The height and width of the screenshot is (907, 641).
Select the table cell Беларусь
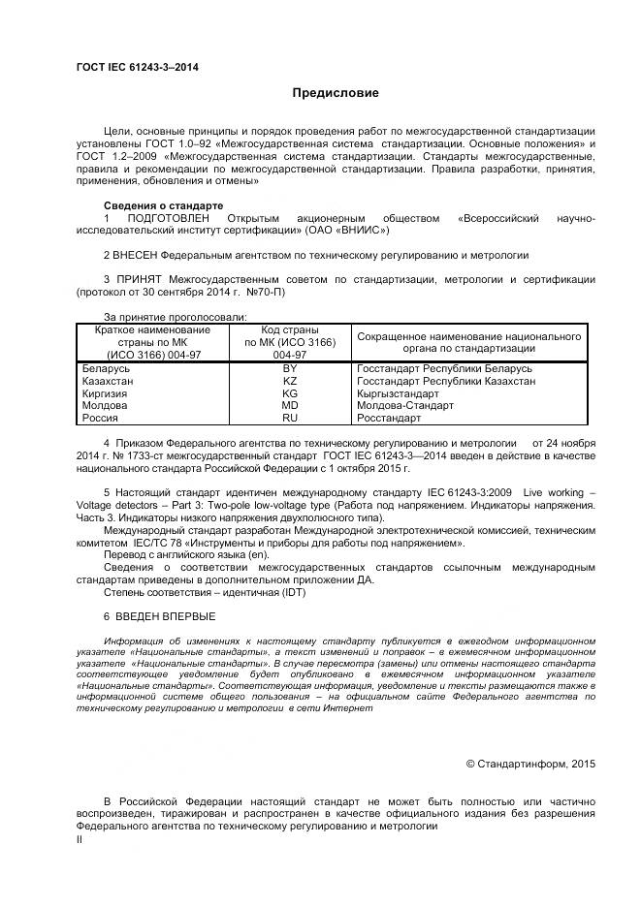(107, 370)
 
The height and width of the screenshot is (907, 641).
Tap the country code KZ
(290, 382)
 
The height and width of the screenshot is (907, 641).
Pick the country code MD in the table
(290, 406)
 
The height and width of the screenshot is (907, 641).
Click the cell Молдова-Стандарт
(405, 406)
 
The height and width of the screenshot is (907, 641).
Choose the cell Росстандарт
(389, 419)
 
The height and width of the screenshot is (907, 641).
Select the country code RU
(290, 419)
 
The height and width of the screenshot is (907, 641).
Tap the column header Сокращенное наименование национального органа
(469, 342)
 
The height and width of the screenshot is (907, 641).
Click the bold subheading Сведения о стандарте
(163, 206)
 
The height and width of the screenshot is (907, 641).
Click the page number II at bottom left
(80, 841)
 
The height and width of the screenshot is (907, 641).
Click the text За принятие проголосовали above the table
(175, 317)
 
